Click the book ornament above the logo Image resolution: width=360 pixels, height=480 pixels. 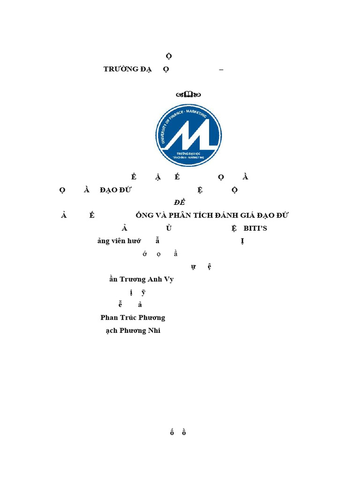point(188,94)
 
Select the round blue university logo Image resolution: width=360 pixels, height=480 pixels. point(188,135)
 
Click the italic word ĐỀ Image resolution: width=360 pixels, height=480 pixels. point(180,202)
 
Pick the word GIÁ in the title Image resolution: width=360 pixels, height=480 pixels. point(253,216)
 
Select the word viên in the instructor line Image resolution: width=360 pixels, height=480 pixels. point(119,241)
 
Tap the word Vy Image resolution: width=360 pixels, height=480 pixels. point(168,279)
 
